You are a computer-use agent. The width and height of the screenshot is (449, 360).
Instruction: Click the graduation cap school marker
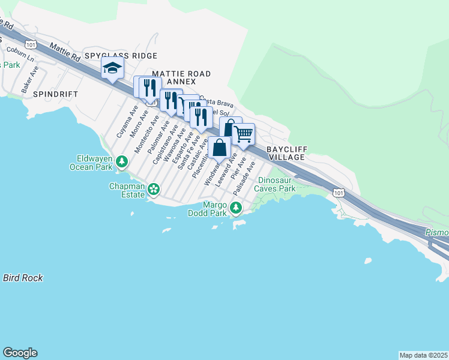pos(112,70)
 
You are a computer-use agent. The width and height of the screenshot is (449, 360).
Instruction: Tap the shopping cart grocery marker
pos(243,135)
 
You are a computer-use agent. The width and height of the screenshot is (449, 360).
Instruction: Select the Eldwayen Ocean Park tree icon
pos(122,161)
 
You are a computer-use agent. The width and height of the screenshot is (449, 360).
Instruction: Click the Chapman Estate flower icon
pos(154,189)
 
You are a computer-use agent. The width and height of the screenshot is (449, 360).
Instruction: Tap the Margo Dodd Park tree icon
pos(237,208)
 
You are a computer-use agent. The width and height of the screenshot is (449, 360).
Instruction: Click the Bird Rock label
pos(23,278)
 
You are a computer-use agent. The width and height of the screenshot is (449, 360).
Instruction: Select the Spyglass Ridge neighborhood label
pos(121,56)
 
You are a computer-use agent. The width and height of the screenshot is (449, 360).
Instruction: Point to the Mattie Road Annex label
pos(181,77)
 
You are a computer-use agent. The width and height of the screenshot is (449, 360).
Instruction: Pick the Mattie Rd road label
pos(65,52)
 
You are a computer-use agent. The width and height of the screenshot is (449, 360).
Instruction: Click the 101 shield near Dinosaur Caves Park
pos(339,192)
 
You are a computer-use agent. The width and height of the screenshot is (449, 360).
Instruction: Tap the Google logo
pos(20,353)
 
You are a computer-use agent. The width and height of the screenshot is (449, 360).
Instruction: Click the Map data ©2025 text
pos(423,355)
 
